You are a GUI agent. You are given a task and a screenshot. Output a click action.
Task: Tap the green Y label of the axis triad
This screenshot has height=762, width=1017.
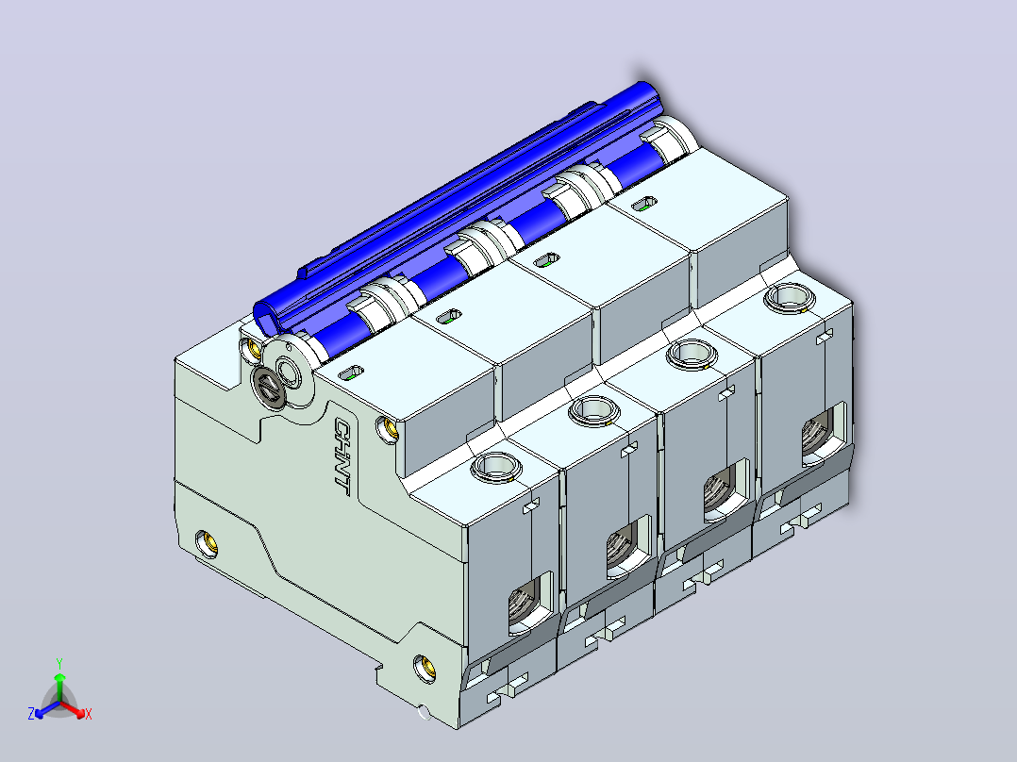[59, 663]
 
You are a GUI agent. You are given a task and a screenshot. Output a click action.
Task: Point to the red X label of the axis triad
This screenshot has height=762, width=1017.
[89, 714]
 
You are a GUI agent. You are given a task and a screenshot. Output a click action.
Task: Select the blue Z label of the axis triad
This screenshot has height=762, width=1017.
[31, 713]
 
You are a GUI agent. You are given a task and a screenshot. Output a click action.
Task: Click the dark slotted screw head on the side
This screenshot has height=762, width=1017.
[267, 388]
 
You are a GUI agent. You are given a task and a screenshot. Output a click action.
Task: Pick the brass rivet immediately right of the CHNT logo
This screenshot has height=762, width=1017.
[389, 429]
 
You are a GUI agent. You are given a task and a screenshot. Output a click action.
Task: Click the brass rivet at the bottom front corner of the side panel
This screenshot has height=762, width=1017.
[425, 669]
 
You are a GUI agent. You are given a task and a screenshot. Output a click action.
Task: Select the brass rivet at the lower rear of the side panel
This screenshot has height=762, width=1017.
[207, 543]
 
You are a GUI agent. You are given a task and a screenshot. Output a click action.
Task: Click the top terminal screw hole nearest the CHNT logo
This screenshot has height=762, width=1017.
[495, 466]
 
